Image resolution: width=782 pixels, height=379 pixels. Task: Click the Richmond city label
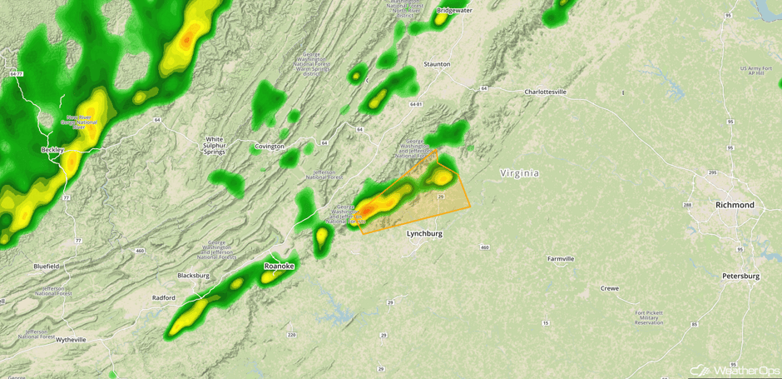tap(735, 205)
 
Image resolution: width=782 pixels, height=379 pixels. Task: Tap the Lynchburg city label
tap(424, 234)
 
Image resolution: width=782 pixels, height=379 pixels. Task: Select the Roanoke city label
tap(279, 267)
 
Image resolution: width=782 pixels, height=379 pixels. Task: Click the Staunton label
tap(437, 64)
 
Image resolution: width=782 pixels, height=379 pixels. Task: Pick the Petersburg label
tap(740, 276)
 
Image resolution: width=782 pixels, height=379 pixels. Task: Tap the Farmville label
tap(561, 259)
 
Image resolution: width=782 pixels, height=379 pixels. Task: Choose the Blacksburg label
tap(194, 276)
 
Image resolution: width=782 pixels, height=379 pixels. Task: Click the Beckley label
tap(52, 150)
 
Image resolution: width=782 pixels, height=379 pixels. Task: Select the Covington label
tap(270, 147)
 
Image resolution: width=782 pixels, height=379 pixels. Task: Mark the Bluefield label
tap(47, 267)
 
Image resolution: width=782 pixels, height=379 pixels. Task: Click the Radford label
tap(164, 297)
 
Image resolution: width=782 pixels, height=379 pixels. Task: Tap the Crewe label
tap(610, 289)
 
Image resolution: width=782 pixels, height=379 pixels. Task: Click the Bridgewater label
tap(454, 11)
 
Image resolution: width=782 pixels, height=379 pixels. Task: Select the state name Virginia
tap(519, 173)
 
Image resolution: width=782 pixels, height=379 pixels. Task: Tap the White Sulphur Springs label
tap(215, 146)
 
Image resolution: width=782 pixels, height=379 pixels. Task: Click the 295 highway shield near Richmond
tap(712, 173)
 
